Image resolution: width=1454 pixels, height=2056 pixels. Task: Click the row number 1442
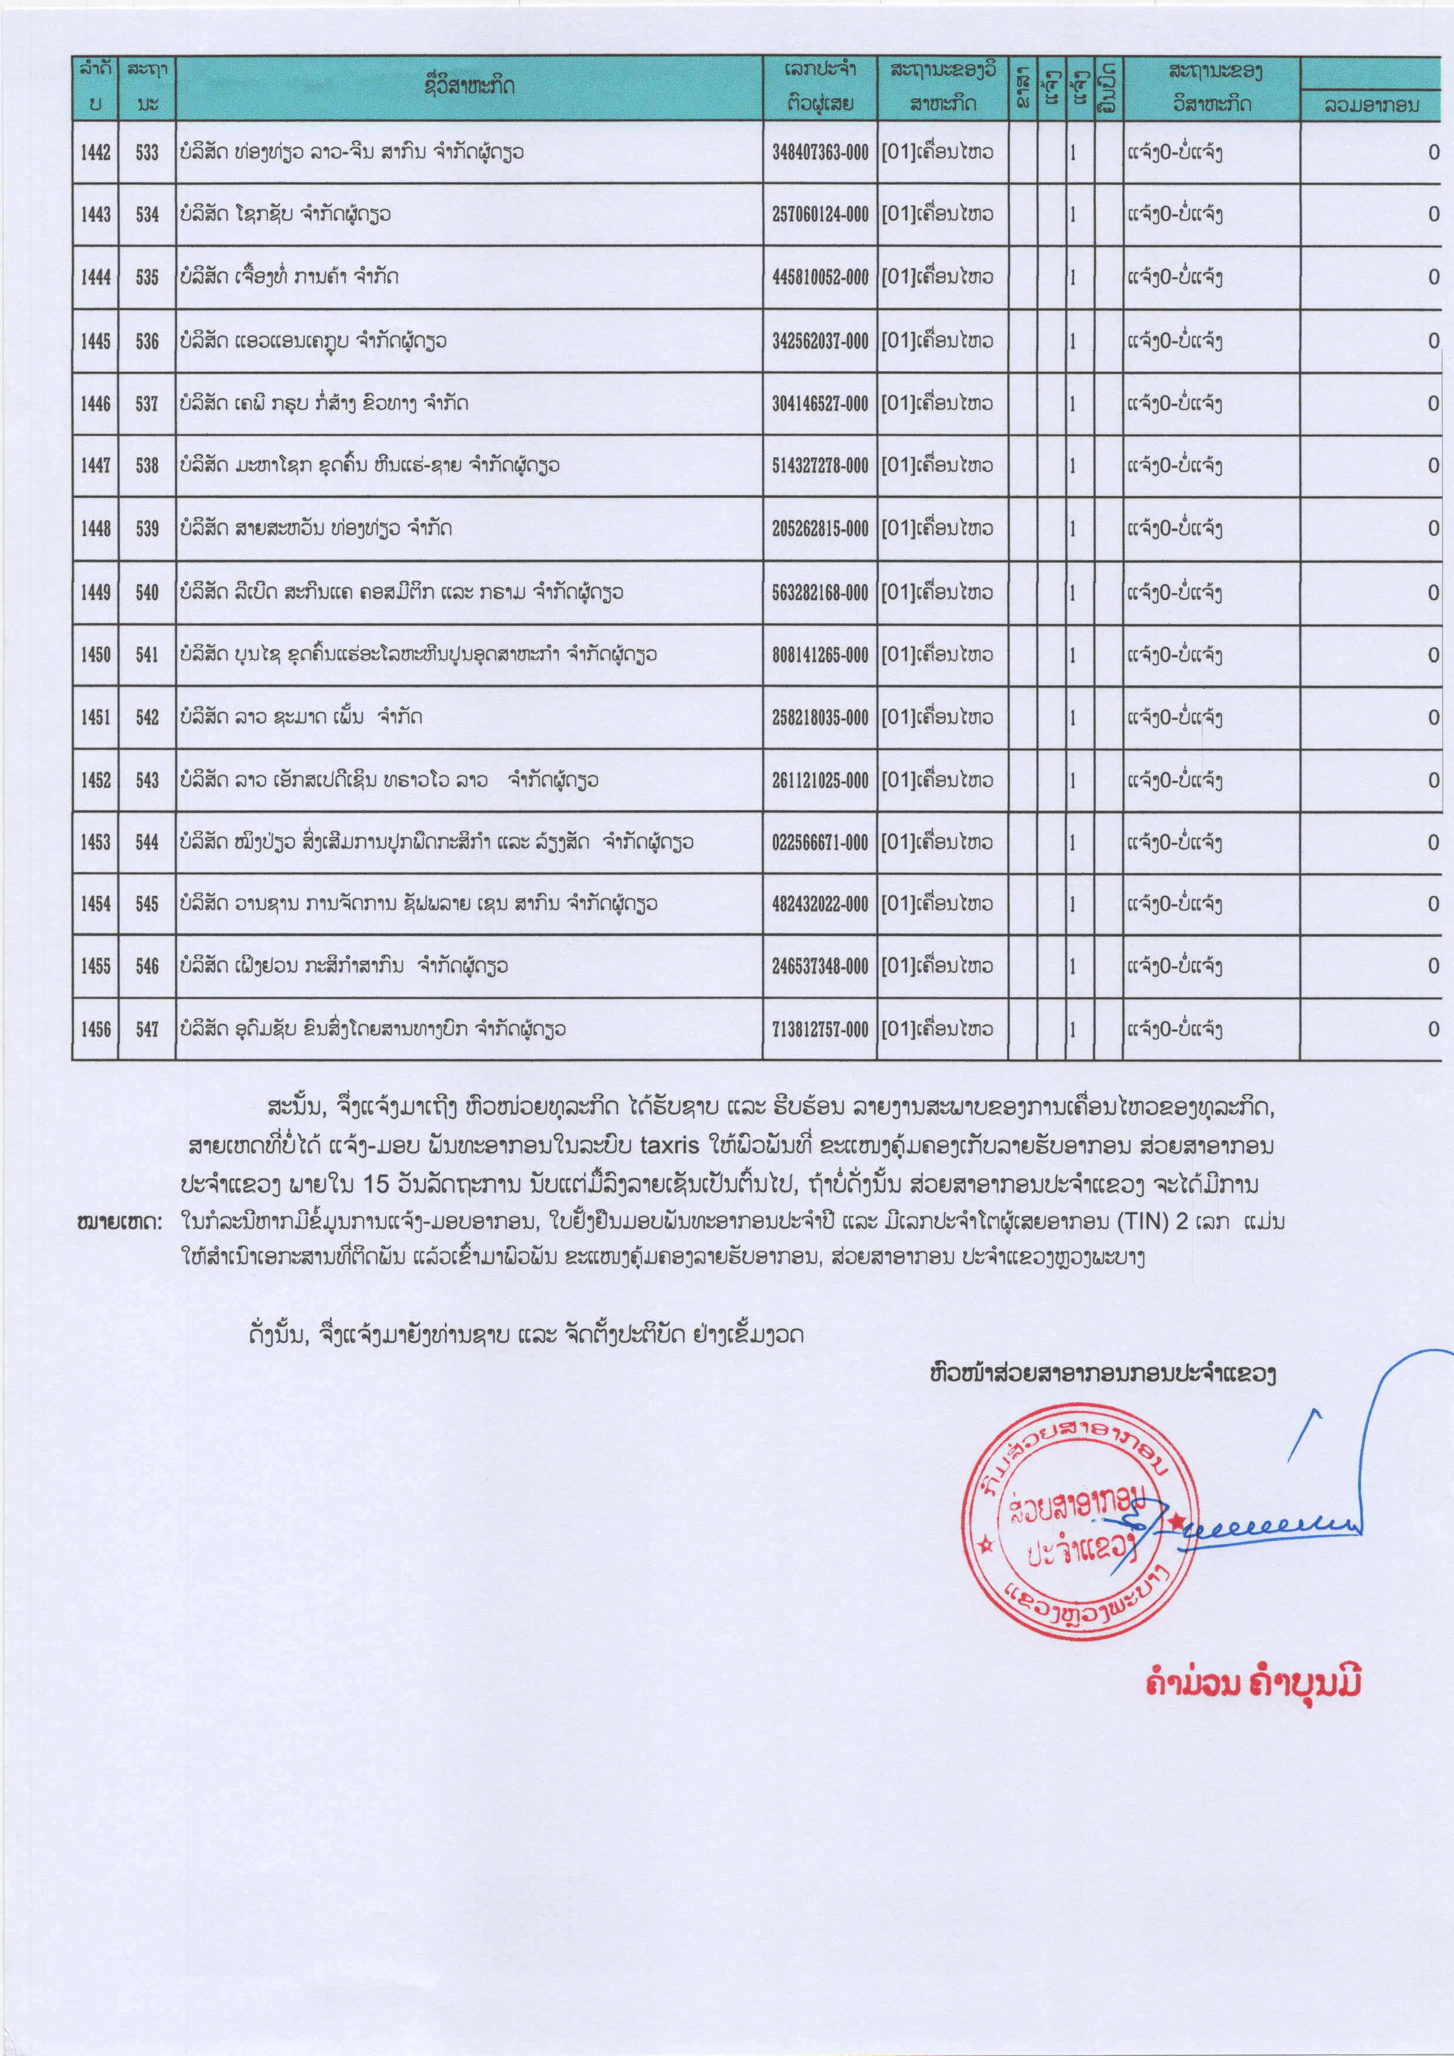coord(95,152)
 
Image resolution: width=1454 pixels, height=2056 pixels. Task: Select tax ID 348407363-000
coord(819,152)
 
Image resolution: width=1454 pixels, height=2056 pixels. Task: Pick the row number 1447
coord(95,465)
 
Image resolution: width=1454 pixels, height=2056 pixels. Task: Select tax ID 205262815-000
coord(819,528)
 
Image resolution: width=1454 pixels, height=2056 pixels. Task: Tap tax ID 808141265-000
coord(819,655)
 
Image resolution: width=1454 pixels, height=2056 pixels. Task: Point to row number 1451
coord(95,717)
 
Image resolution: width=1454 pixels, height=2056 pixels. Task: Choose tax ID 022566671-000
coord(819,842)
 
